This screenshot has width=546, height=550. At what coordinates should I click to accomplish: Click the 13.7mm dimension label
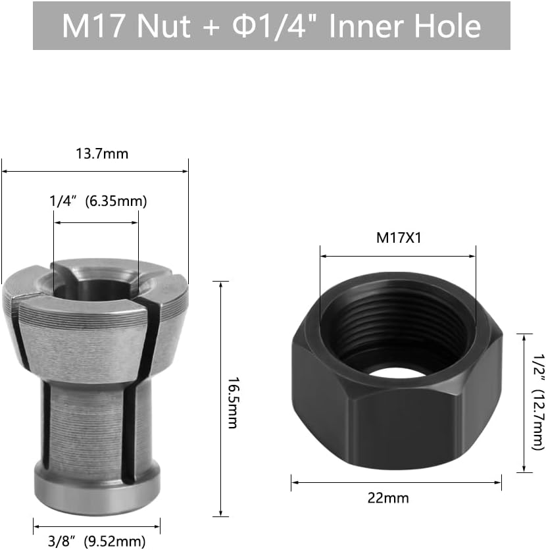coord(102,155)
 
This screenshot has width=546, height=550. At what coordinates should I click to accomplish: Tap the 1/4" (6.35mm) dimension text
coord(98,201)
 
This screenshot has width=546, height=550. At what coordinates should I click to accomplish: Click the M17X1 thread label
coord(398,238)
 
